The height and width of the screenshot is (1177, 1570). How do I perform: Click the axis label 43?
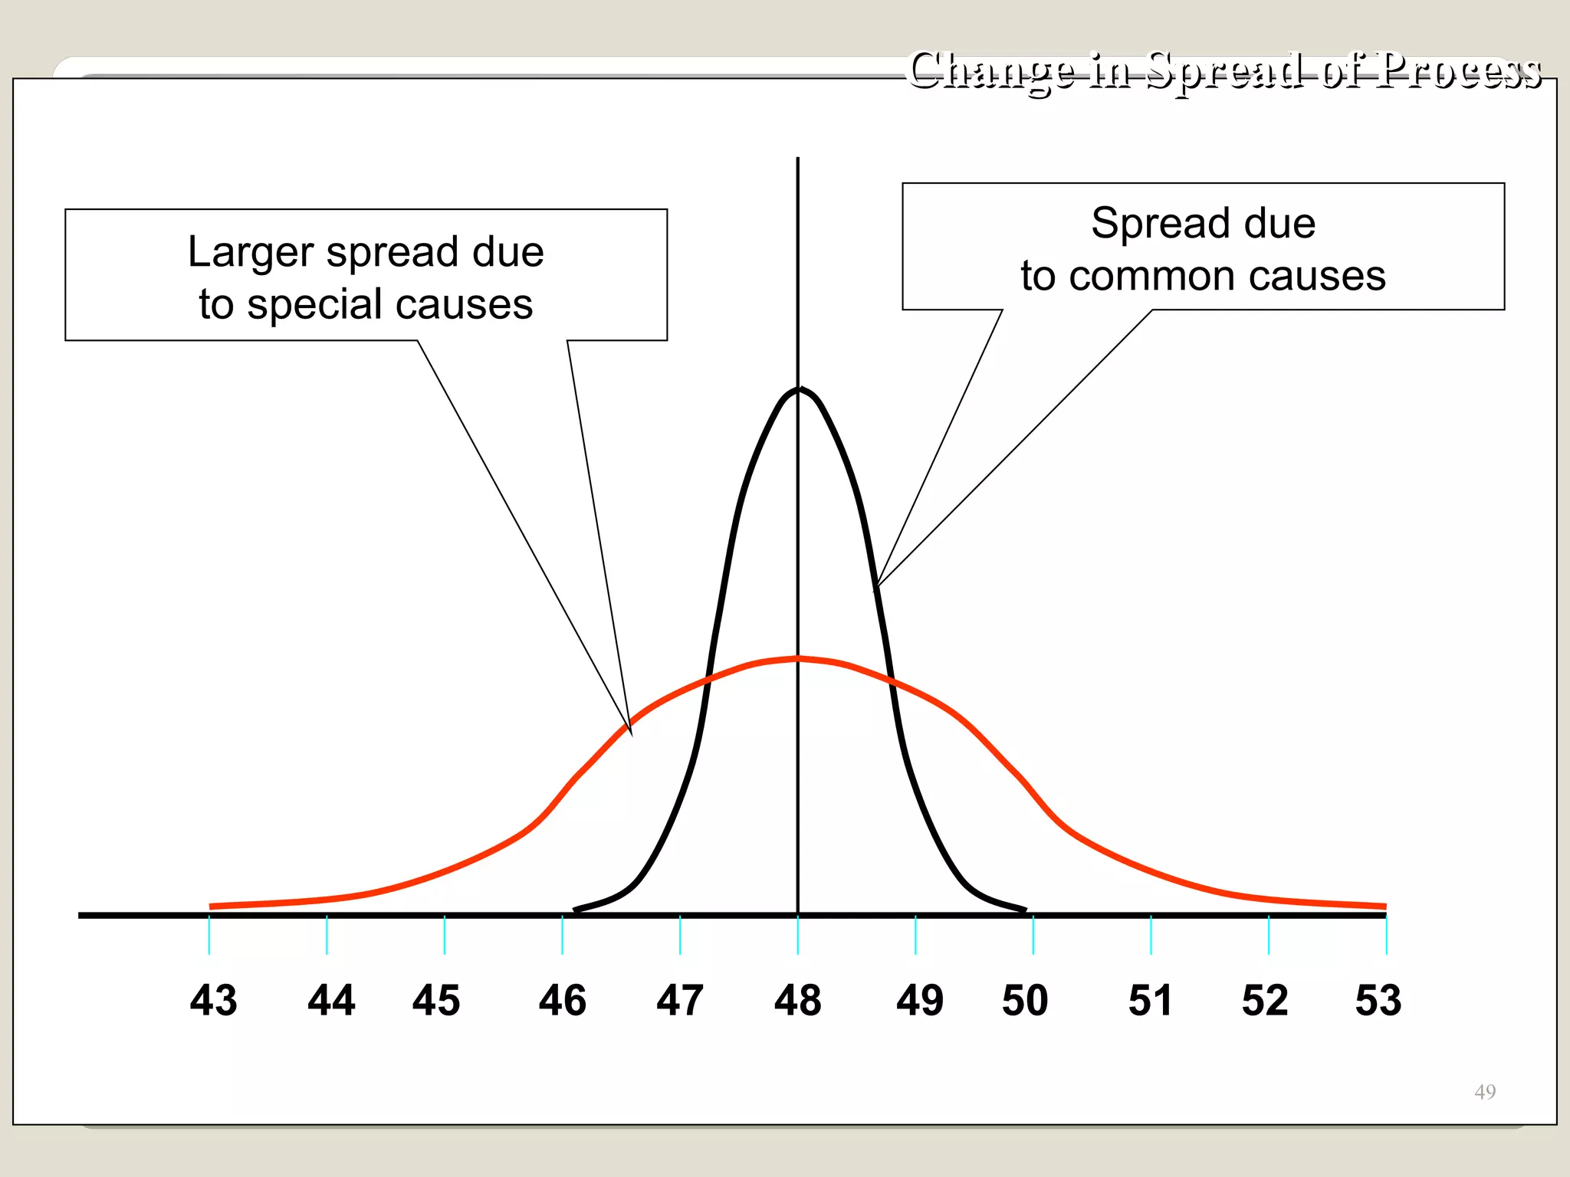pyautogui.click(x=213, y=1001)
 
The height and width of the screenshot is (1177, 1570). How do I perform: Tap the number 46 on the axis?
pyautogui.click(x=562, y=1001)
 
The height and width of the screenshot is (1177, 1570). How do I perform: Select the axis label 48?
pyautogui.click(x=797, y=1001)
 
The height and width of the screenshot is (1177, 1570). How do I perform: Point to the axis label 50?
pyautogui.click(x=1025, y=1001)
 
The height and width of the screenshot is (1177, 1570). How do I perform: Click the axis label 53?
pyautogui.click(x=1378, y=1001)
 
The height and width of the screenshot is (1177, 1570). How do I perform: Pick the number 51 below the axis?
pyautogui.click(x=1150, y=1001)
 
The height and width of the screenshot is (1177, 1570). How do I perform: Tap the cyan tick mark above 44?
pyautogui.click(x=327, y=935)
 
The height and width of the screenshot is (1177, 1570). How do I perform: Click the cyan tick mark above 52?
pyautogui.click(x=1269, y=935)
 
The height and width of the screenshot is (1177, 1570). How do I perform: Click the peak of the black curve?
pyautogui.click(x=798, y=389)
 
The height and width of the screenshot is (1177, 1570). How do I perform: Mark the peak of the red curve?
pyautogui.click(x=798, y=658)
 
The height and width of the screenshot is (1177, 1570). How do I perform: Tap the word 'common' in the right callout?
pyautogui.click(x=1153, y=276)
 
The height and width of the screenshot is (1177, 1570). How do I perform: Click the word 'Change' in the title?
pyautogui.click(x=990, y=70)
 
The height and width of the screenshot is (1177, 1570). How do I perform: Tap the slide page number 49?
pyautogui.click(x=1484, y=1091)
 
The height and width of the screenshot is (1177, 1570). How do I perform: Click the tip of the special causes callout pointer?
pyautogui.click(x=631, y=734)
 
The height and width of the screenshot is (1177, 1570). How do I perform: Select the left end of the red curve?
pyautogui.click(x=212, y=907)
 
